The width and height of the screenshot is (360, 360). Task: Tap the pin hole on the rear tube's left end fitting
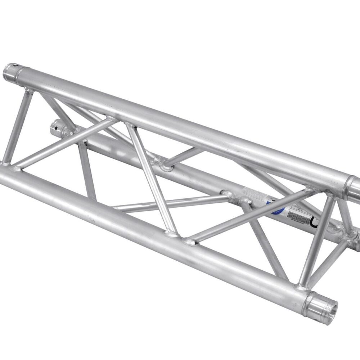(56, 126)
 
